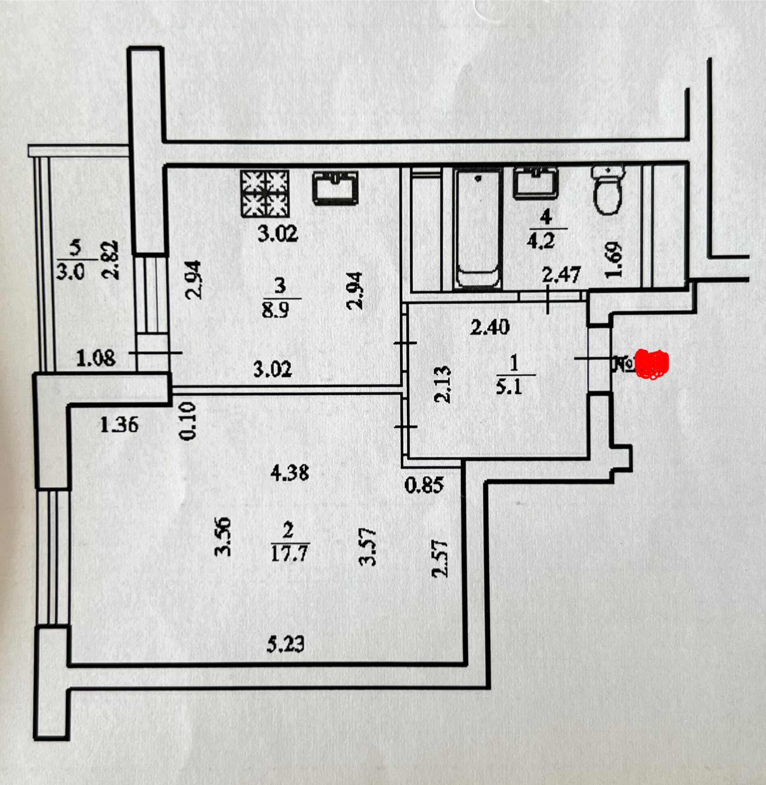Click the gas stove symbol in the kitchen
tap(265, 193)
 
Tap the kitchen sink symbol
tap(335, 188)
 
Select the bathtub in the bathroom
tap(478, 228)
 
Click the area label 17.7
tap(290, 554)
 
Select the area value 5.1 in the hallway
tap(509, 387)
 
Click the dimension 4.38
tap(290, 473)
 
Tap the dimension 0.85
tap(424, 484)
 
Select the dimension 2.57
tap(441, 559)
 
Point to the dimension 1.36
tap(119, 424)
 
